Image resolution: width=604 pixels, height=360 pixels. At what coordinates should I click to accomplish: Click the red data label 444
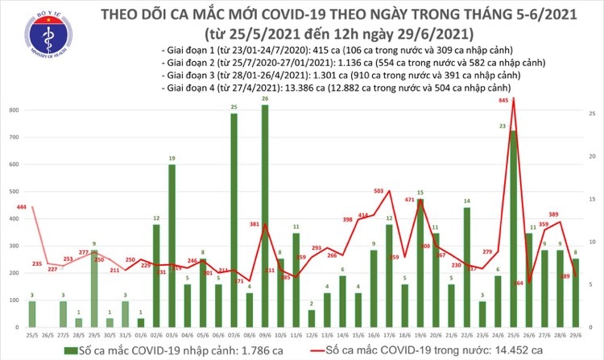pyautogui.click(x=22, y=208)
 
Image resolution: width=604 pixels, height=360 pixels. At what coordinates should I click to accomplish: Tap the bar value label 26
pyautogui.click(x=265, y=99)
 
